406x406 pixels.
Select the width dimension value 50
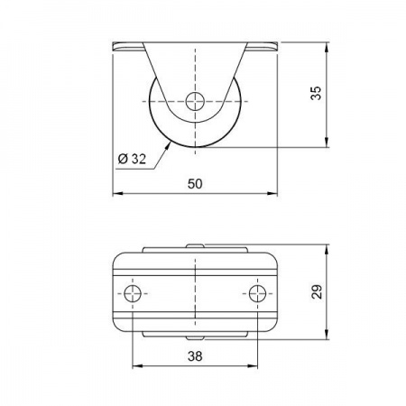[194, 184]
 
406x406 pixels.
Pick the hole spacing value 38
[195, 356]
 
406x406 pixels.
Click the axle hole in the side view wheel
[195, 101]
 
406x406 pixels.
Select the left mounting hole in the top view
[134, 293]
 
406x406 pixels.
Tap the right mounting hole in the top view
[256, 293]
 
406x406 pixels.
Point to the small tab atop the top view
[195, 244]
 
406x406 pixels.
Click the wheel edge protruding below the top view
[195, 336]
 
